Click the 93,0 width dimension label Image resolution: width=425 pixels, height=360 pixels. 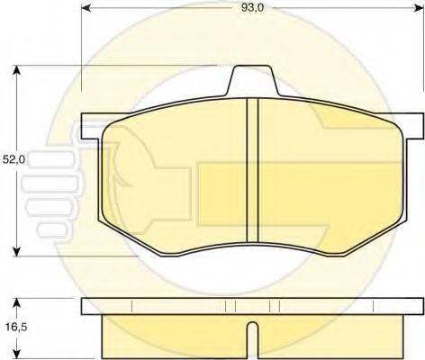pyautogui.click(x=252, y=8)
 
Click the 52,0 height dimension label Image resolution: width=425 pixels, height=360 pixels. pyautogui.click(x=14, y=159)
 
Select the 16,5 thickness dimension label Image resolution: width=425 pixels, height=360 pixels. pyautogui.click(x=15, y=327)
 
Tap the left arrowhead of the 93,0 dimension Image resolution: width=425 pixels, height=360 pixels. pyautogui.click(x=86, y=8)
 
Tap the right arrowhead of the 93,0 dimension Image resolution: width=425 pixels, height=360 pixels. pyautogui.click(x=419, y=8)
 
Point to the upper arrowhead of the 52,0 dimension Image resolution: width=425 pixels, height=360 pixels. pyautogui.click(x=17, y=70)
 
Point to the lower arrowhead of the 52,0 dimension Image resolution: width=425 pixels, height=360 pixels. pyautogui.click(x=17, y=251)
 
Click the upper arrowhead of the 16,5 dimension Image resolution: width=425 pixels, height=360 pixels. pyautogui.click(x=17, y=303)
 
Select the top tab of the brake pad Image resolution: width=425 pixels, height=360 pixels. pyautogui.click(x=253, y=80)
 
